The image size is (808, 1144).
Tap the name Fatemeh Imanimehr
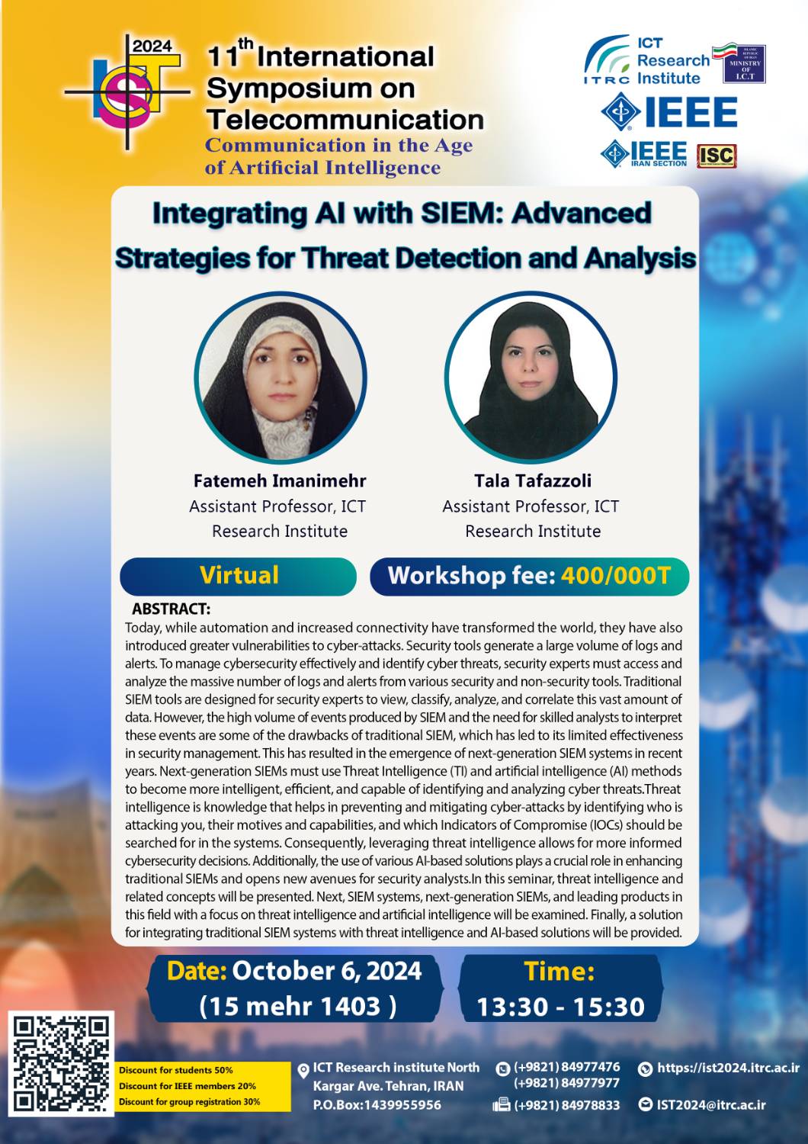click(280, 480)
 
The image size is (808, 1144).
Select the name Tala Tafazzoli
click(533, 480)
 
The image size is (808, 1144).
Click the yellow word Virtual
click(239, 575)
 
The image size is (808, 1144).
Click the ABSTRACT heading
click(171, 609)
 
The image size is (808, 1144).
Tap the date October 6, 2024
click(327, 971)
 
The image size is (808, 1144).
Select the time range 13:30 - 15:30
click(560, 1007)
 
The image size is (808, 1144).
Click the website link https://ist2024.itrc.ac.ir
click(728, 1068)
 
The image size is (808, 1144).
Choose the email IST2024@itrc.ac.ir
click(711, 1105)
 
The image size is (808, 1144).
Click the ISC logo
click(717, 156)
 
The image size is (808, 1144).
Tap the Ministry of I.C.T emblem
click(744, 64)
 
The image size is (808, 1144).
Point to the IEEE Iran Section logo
click(644, 154)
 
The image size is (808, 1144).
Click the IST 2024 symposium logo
click(127, 92)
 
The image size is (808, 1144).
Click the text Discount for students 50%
click(175, 1070)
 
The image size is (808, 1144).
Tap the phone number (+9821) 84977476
click(566, 1067)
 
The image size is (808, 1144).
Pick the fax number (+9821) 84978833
click(566, 1106)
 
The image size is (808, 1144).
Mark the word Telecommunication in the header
click(345, 120)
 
